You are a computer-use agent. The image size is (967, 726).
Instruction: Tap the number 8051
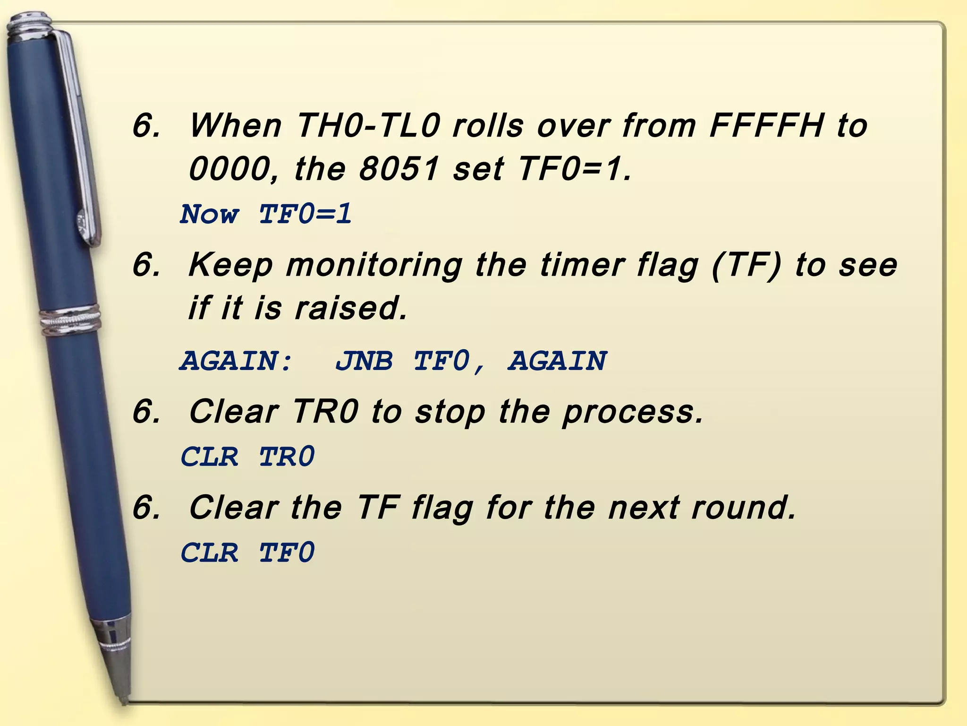tap(399, 169)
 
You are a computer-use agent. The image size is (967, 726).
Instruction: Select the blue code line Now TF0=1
tap(266, 214)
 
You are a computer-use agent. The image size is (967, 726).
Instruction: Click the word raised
tap(350, 308)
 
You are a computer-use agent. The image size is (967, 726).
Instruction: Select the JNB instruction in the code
tap(364, 361)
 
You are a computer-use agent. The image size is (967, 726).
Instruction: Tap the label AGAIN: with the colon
tap(237, 361)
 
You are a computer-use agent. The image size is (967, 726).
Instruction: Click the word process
tap(633, 412)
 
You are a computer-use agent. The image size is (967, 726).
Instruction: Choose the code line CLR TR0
tap(247, 457)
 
